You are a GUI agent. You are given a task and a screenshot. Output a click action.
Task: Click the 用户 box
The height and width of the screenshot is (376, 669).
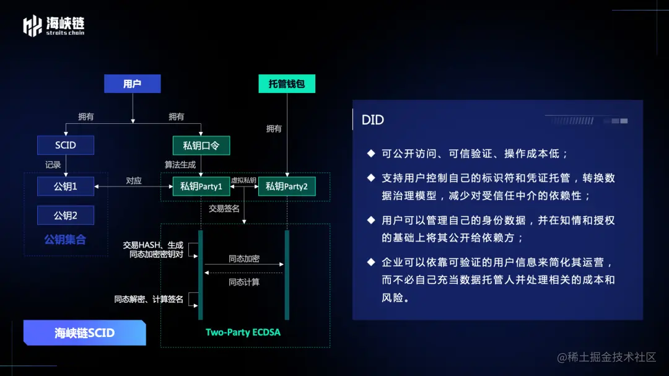(x=132, y=84)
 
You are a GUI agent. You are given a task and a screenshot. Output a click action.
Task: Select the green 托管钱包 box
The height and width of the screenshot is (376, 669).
(x=287, y=84)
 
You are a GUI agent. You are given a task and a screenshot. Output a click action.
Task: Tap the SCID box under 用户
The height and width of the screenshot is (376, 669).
(x=65, y=145)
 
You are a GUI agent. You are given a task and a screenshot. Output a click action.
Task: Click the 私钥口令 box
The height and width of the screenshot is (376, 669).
(x=201, y=146)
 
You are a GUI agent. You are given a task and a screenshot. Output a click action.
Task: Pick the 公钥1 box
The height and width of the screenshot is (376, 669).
(x=65, y=185)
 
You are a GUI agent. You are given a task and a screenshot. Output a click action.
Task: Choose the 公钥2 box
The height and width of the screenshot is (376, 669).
(x=65, y=216)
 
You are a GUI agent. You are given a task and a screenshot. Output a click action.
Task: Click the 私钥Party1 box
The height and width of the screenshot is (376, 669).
(x=201, y=186)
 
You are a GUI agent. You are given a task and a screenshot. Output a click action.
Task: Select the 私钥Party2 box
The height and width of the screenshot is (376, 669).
(x=287, y=186)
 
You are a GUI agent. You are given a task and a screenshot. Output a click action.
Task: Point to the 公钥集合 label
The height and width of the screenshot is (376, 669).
(x=65, y=239)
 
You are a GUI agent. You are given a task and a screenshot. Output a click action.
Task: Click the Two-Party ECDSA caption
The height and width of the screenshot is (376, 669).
(x=243, y=333)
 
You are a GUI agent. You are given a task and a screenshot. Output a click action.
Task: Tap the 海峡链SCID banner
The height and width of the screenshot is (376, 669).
(x=85, y=333)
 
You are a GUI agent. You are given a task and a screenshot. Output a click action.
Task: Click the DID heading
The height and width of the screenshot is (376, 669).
(x=373, y=120)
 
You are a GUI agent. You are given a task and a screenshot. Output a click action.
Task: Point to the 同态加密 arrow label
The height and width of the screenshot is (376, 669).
(x=244, y=259)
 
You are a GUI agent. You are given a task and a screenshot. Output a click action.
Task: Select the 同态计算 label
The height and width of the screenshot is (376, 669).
(x=244, y=282)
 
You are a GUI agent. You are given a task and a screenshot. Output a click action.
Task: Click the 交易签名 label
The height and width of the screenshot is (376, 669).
(x=224, y=209)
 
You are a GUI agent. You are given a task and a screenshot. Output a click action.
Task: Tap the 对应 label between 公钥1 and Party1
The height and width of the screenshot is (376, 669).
(x=134, y=181)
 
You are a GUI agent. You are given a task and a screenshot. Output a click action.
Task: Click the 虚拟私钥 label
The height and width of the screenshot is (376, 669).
(x=243, y=180)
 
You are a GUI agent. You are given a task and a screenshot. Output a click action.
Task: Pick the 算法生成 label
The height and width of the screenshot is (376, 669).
(x=180, y=165)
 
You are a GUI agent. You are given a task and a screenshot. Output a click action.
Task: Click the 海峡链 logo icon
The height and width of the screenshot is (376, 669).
(x=32, y=25)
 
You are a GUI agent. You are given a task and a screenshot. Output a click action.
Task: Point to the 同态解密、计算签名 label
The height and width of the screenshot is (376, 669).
(x=149, y=299)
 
